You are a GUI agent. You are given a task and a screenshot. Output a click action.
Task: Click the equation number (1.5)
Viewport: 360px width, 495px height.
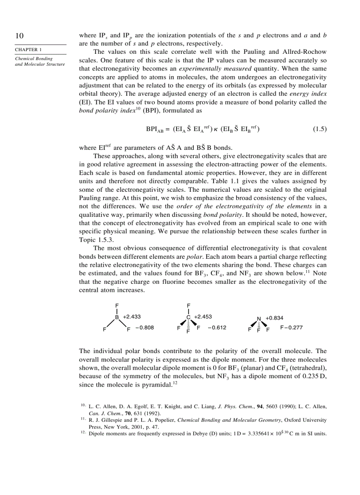pyautogui.click(x=319, y=129)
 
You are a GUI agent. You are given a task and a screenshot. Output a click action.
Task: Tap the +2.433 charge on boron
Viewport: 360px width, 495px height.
pyautogui.click(x=132, y=316)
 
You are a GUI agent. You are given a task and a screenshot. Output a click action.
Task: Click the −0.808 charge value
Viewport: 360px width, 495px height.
pyautogui.click(x=145, y=328)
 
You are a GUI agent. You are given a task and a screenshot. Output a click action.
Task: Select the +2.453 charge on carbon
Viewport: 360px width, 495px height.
pyautogui.click(x=203, y=316)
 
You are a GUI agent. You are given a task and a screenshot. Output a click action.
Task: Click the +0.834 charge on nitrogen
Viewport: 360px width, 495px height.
pyautogui.click(x=274, y=318)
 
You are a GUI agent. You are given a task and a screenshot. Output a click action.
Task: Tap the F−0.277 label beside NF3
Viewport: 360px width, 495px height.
pyautogui.click(x=291, y=328)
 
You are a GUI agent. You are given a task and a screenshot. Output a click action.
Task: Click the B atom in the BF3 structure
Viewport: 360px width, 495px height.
pyautogui.click(x=117, y=317)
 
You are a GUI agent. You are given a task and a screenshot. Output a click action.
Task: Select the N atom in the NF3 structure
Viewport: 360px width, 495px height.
pyautogui.click(x=259, y=318)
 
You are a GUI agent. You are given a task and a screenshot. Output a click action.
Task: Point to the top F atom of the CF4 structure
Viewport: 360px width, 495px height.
pyautogui.click(x=188, y=305)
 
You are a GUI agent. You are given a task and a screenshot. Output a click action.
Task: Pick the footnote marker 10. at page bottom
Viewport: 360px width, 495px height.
pyautogui.click(x=83, y=405)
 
